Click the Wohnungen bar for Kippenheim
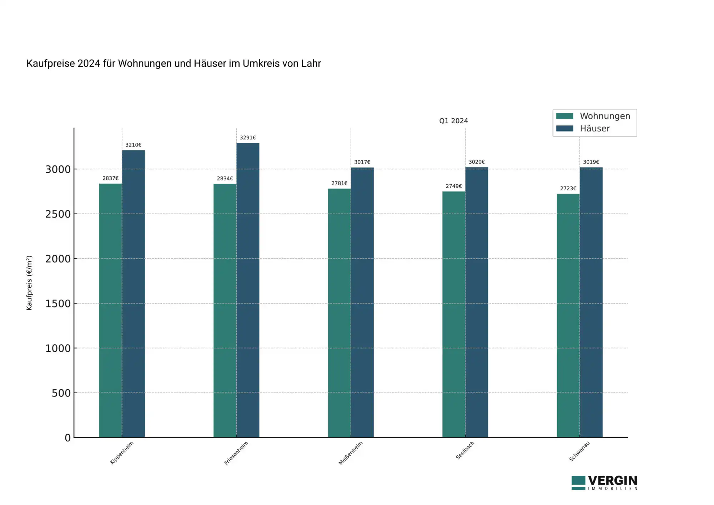tap(111, 310)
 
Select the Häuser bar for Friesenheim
tap(248, 290)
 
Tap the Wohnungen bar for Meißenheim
tap(340, 313)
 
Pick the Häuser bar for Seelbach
tap(477, 302)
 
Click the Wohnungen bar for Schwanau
tap(568, 315)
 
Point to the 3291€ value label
tap(248, 137)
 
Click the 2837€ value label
tap(111, 178)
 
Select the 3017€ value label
tap(362, 162)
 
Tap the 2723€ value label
tap(568, 188)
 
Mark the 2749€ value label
tap(454, 186)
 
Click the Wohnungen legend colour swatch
tap(565, 116)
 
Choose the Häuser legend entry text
tap(595, 129)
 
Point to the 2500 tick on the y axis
tap(58, 214)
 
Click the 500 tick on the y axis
tap(61, 393)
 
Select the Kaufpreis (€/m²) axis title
tap(29, 283)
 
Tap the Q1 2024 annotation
tap(453, 121)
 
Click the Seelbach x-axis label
tap(465, 450)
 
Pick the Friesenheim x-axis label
tap(236, 453)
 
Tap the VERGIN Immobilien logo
tap(604, 483)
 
